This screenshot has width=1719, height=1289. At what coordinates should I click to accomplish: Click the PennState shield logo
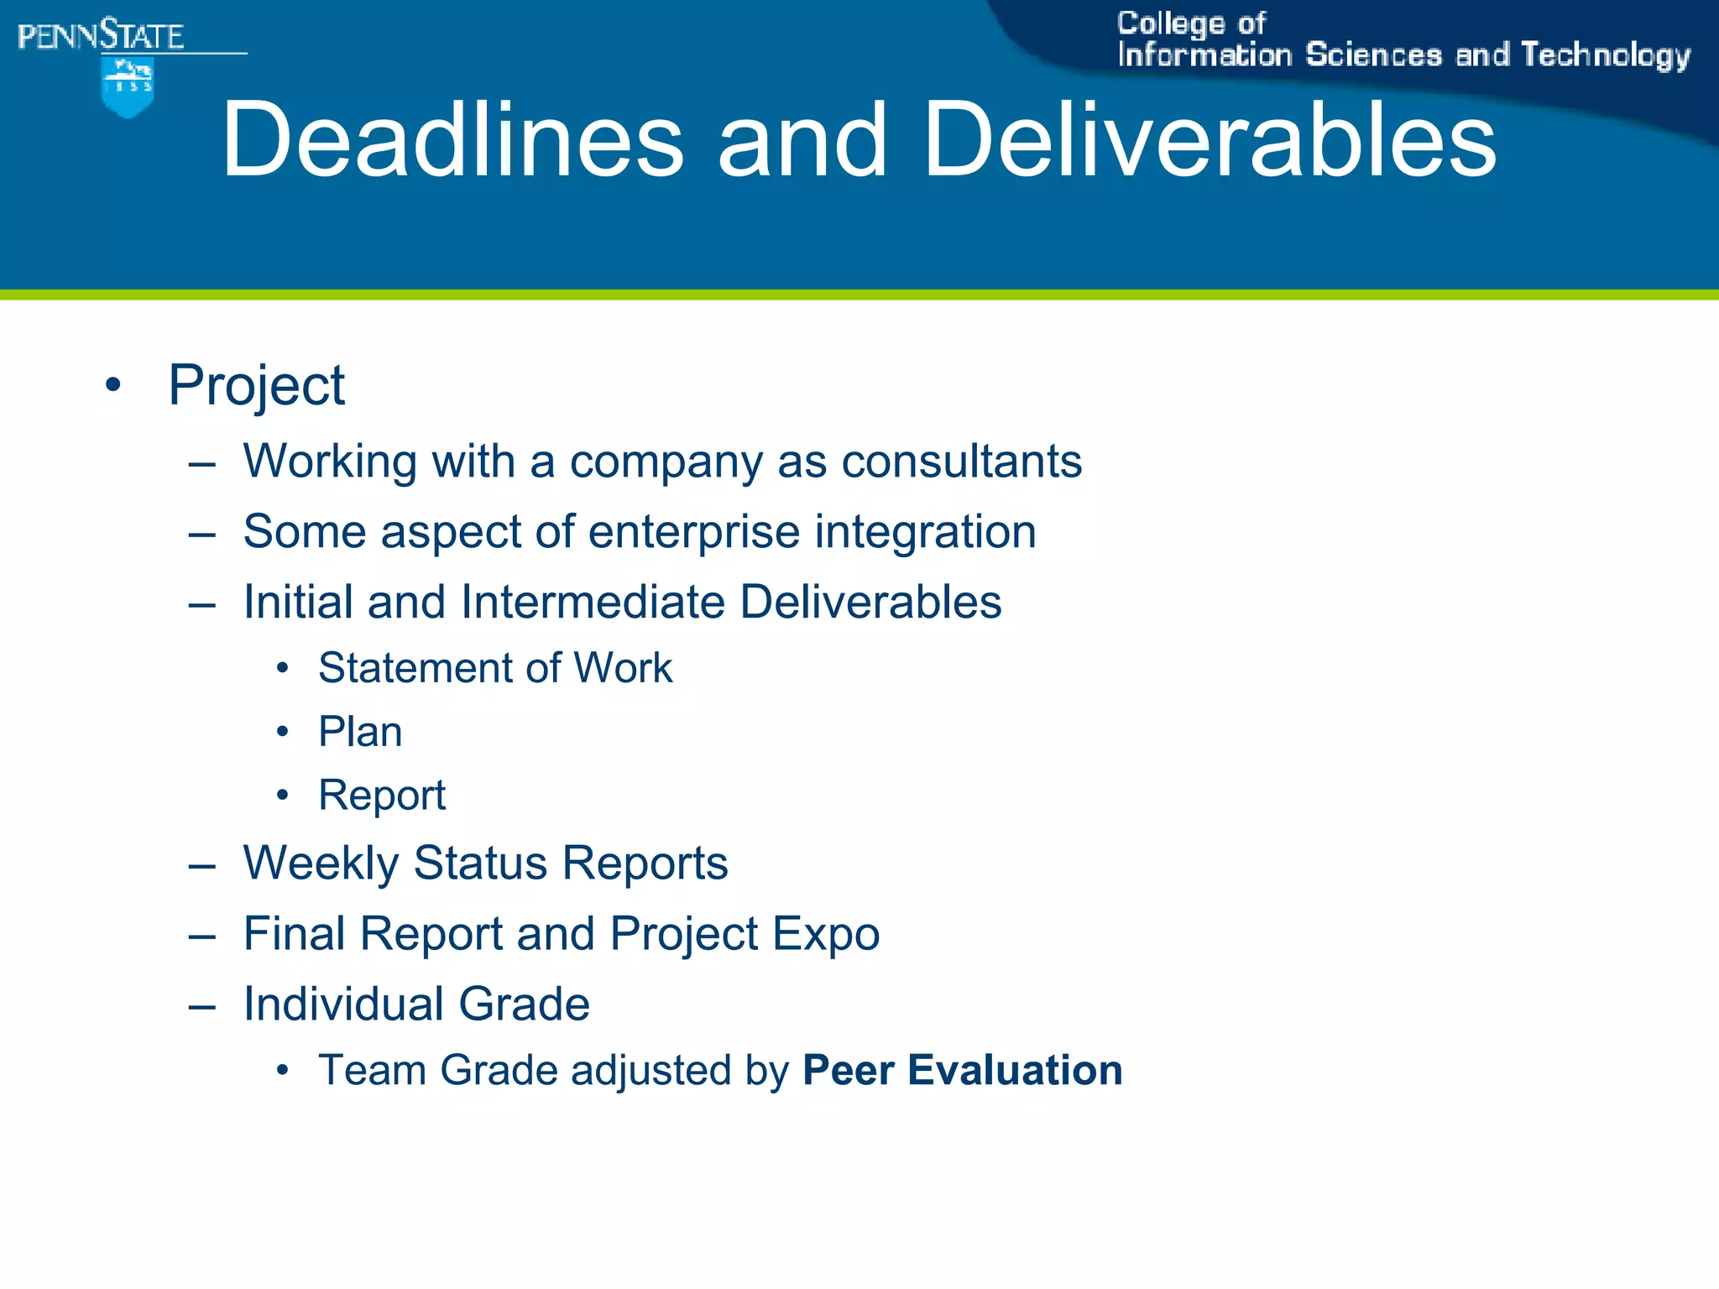pos(127,86)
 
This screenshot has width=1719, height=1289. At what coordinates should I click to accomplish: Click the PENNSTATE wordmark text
pos(101,36)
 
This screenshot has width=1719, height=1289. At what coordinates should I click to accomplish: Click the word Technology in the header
pos(1605,55)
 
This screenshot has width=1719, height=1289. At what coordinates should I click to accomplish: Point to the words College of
pos(1190,23)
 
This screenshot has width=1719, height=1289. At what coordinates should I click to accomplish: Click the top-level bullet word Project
pos(256,386)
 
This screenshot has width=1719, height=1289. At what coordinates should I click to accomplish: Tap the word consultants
pos(961,462)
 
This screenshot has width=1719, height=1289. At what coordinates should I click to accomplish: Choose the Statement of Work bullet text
pos(495,668)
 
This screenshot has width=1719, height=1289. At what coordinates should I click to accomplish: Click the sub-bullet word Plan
pos(360,732)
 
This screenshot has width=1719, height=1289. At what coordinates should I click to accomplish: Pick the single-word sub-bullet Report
pos(382,795)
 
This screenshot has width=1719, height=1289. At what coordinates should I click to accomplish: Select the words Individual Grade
pos(416,1004)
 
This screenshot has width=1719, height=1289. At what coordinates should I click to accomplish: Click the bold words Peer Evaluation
pos(962,1070)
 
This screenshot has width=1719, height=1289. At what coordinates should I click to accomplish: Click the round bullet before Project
pos(113,386)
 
